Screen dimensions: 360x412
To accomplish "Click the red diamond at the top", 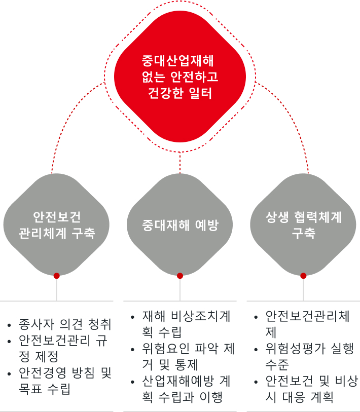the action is [180, 77].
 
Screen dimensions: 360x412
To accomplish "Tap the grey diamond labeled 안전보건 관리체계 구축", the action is [56, 224].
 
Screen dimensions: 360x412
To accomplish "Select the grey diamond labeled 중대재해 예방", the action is [180, 224].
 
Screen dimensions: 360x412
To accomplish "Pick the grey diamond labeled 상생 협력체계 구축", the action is [303, 224].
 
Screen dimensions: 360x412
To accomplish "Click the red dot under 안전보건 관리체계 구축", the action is [57, 276].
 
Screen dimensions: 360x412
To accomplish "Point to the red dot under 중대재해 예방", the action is [180, 276].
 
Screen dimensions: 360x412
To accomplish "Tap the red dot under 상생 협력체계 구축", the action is [303, 276].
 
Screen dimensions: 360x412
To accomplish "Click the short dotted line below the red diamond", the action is [180, 163].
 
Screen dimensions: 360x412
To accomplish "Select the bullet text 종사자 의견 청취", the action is [65, 324].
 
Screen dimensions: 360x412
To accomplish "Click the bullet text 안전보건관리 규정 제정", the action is [63, 349].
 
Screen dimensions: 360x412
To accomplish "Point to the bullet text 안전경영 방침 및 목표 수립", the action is [65, 381].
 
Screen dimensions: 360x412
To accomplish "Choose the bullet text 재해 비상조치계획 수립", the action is [186, 324].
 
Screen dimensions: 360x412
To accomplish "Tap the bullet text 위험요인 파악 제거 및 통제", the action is [188, 357].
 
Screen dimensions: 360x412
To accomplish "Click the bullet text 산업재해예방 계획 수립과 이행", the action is [186, 389].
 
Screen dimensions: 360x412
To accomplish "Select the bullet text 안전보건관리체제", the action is [307, 324].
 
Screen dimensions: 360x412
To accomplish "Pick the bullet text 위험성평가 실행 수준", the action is [309, 357].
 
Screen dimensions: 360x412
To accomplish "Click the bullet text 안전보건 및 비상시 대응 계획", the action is [312, 389].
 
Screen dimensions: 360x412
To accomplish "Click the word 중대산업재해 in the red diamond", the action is [178, 61].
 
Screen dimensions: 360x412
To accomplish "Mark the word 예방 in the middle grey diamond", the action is [207, 225].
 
